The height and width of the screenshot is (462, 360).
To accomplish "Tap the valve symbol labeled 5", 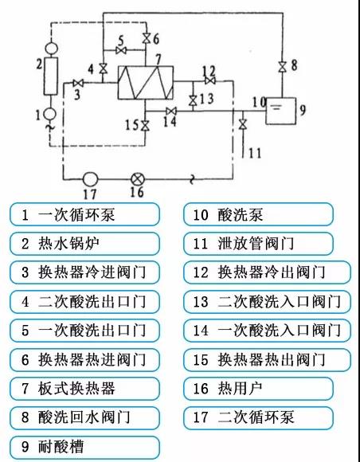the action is (121, 50).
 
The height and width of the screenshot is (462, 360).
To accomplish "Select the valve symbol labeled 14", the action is (171, 111).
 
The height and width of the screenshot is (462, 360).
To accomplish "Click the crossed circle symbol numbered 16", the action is (137, 179).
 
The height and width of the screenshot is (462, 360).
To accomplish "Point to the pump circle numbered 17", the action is (90, 179).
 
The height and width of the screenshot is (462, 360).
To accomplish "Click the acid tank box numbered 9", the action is (281, 111).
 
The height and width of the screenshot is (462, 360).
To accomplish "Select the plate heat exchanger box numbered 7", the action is (146, 83).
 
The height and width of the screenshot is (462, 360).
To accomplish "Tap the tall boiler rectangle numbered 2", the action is (51, 76).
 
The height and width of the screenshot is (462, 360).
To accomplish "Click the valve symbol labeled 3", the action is (78, 84).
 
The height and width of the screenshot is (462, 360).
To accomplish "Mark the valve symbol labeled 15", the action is (145, 126).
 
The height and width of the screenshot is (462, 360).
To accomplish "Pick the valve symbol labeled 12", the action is (210, 80).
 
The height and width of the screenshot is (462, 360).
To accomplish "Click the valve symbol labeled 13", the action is (193, 101).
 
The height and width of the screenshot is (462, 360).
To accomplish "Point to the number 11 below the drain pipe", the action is (255, 153).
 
